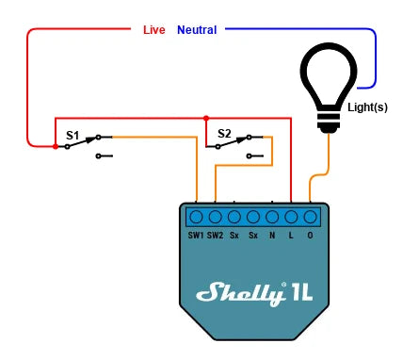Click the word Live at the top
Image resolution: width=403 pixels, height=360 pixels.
153,30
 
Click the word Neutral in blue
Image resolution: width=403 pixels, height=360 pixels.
197,30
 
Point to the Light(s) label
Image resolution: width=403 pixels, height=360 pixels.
367,107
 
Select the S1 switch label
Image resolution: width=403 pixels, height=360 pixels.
73,136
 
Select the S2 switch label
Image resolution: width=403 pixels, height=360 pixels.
224,134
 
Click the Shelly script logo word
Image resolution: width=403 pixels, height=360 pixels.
241,293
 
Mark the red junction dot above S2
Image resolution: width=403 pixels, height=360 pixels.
205,119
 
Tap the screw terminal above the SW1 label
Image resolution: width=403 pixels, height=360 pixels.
196,216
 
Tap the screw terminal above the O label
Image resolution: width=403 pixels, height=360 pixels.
310,216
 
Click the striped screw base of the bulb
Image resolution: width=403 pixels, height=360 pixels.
330,121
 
